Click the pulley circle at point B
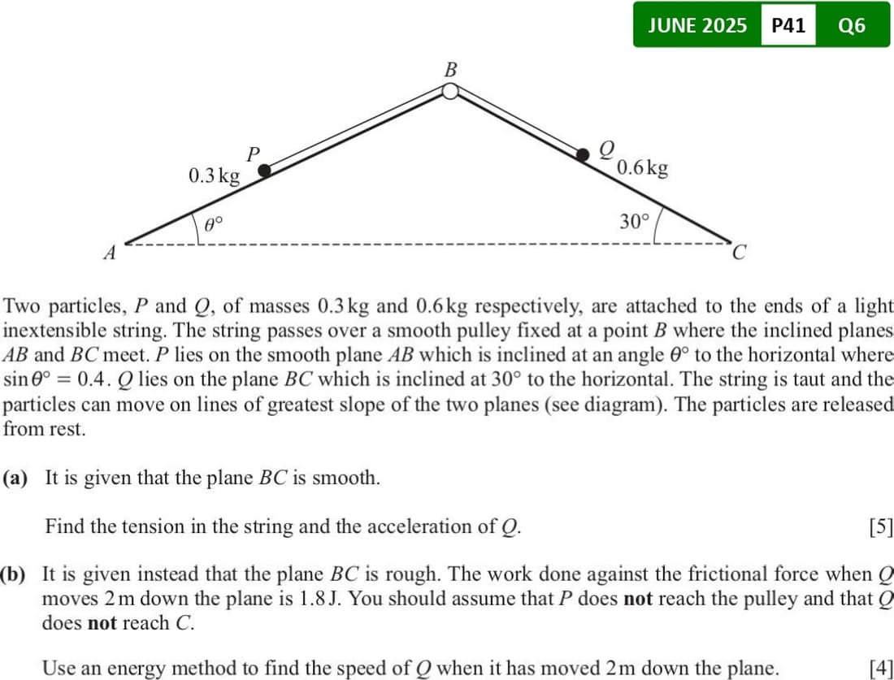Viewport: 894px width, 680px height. pyautogui.click(x=450, y=91)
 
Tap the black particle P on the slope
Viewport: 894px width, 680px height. pyautogui.click(x=264, y=170)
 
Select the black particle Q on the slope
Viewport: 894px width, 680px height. pyautogui.click(x=583, y=154)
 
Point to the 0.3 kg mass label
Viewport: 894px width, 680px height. pyautogui.click(x=214, y=175)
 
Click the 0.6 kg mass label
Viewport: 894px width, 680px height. pyautogui.click(x=643, y=168)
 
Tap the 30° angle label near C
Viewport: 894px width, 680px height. pyautogui.click(x=635, y=221)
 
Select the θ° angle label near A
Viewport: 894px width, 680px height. pyautogui.click(x=213, y=222)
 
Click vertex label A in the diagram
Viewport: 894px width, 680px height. pyautogui.click(x=111, y=253)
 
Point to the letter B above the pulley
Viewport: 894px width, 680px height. pyautogui.click(x=450, y=69)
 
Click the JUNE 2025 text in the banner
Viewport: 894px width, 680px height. pyautogui.click(x=697, y=25)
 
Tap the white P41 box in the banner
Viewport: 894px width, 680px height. pyautogui.click(x=788, y=25)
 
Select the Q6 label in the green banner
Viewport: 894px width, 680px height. pyautogui.click(x=851, y=25)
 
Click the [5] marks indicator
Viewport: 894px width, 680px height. pyautogui.click(x=880, y=526)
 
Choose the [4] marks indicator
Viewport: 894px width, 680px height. pyautogui.click(x=880, y=669)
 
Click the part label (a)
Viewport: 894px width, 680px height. pyautogui.click(x=15, y=478)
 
